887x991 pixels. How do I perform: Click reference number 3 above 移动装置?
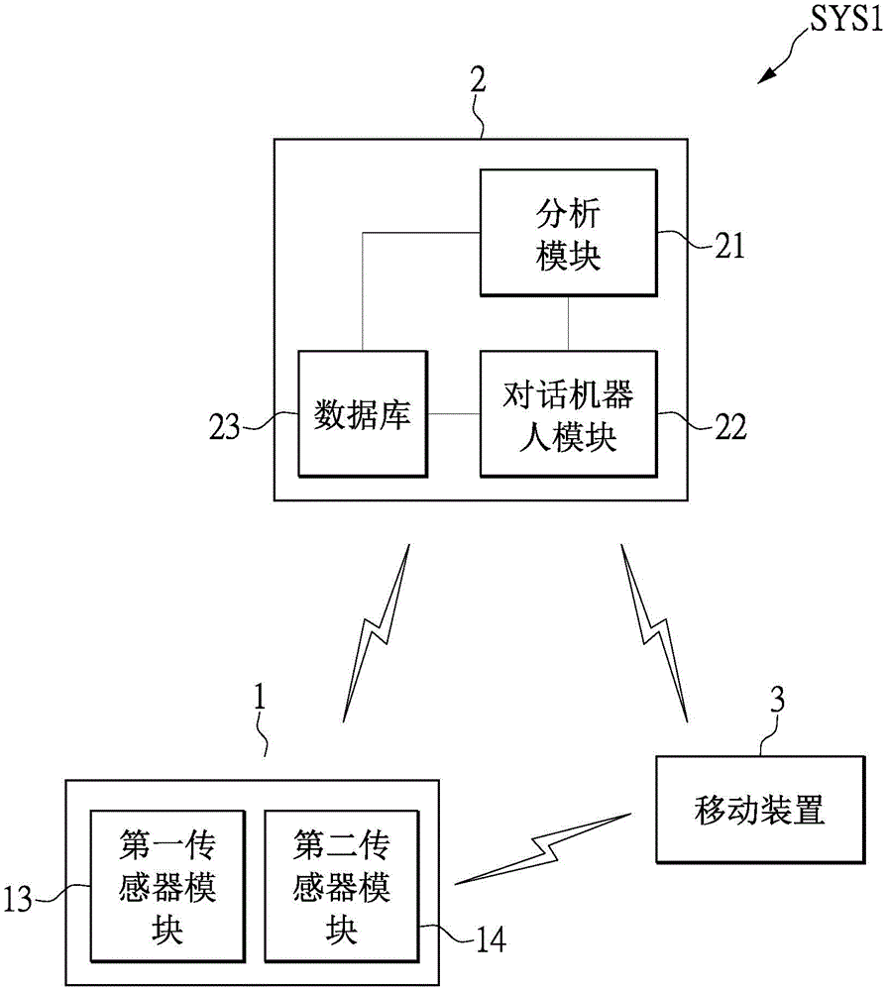coord(777,702)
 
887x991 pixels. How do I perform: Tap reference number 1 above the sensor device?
coord(259,697)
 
